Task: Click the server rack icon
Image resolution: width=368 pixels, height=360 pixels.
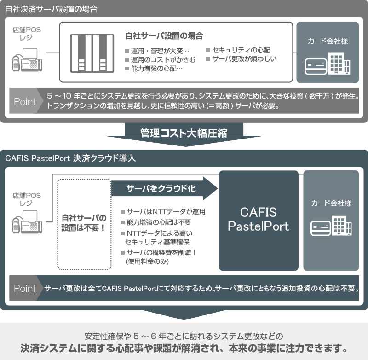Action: (92, 53)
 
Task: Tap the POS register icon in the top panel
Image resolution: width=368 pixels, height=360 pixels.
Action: (27, 60)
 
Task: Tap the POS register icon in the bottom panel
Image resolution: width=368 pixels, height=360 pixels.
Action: (27, 222)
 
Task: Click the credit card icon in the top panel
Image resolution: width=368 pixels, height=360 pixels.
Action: (316, 66)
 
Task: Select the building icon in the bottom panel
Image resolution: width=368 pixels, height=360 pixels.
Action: (342, 226)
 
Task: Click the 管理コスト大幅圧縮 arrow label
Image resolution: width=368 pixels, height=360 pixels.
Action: (184, 133)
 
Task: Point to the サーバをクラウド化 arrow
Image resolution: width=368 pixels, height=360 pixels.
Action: (164, 188)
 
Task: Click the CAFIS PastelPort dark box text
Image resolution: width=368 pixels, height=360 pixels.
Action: (259, 219)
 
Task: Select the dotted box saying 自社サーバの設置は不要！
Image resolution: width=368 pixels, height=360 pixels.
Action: (84, 224)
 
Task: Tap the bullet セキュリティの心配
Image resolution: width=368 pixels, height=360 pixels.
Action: (238, 50)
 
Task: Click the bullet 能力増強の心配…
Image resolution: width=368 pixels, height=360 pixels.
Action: (154, 69)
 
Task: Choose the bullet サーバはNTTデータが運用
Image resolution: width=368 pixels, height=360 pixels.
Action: (163, 212)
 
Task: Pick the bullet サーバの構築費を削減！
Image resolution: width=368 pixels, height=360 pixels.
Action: (159, 253)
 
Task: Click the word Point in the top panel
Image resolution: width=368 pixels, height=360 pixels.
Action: (25, 101)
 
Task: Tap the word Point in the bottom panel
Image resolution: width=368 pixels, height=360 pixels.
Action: (25, 288)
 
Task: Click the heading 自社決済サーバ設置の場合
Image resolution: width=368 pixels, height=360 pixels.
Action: (51, 9)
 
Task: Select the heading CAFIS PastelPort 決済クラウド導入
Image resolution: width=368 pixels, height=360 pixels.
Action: (70, 158)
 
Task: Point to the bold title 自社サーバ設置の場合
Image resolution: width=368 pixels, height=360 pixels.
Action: (164, 36)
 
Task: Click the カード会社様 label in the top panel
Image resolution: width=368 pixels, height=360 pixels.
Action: (328, 41)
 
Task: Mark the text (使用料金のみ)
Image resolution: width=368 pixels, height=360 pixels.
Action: (147, 261)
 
